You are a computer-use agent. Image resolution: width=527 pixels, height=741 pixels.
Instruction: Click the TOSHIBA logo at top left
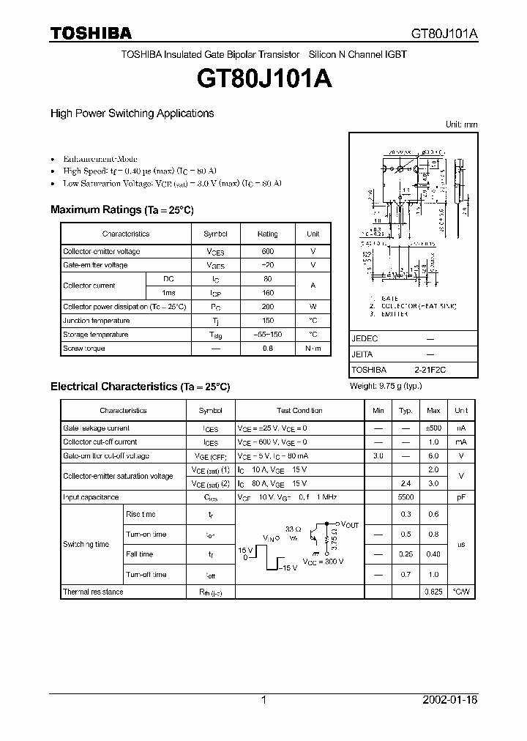(91, 33)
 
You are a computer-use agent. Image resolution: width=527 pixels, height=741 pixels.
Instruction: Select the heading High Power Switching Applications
(132, 113)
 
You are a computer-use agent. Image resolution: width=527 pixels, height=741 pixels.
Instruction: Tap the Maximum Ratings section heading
(122, 210)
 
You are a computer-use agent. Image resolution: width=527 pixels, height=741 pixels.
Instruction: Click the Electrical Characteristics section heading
(140, 386)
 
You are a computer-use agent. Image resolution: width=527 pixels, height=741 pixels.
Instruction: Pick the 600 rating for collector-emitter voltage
(267, 251)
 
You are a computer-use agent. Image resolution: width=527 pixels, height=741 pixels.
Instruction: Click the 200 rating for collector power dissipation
(267, 307)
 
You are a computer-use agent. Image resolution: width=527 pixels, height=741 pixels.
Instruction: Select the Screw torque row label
(84, 349)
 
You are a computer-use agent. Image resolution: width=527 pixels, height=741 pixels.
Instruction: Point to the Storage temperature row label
(95, 335)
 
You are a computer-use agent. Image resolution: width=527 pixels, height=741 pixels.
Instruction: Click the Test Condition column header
(299, 411)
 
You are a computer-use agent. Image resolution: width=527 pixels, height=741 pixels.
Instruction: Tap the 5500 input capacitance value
(406, 497)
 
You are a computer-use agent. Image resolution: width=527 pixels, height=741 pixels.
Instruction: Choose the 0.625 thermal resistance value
(433, 592)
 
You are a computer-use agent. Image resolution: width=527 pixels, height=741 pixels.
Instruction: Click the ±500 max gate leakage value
(433, 428)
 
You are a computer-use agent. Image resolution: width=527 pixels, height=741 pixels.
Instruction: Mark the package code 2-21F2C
(430, 370)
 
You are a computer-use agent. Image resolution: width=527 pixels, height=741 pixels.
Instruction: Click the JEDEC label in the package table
(365, 340)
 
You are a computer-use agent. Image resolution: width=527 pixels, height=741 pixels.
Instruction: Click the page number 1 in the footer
(263, 700)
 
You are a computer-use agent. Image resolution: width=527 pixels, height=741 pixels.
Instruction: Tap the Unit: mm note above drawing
(461, 124)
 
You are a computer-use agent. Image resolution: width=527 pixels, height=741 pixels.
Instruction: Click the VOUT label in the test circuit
(350, 525)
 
